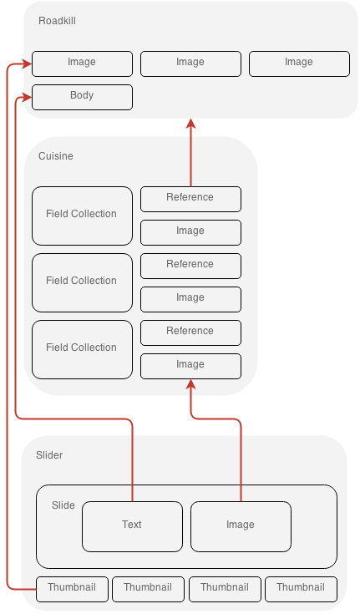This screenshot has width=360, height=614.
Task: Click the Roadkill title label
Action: point(57,21)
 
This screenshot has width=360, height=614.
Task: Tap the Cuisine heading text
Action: point(56,156)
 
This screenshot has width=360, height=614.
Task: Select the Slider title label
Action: point(49,455)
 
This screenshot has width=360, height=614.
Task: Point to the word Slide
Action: point(63,505)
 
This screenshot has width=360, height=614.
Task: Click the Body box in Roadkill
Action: point(82,98)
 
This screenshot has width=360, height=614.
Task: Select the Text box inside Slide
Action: point(133,526)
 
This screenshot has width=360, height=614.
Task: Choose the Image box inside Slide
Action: point(241,526)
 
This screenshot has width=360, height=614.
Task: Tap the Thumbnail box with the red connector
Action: point(72,589)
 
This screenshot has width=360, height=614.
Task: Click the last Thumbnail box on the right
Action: point(301,589)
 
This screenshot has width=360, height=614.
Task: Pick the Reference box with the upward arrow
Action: point(190,200)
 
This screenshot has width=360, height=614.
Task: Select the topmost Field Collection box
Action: point(82,216)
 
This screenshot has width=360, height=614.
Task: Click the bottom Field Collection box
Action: point(82,350)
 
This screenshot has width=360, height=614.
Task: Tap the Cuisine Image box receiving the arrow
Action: point(190,367)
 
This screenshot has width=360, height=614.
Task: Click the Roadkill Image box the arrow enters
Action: point(82,63)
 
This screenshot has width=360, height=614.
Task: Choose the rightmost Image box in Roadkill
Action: point(299,63)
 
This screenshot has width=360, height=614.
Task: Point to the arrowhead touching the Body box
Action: point(28,98)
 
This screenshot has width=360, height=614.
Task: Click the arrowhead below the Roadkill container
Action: point(190,124)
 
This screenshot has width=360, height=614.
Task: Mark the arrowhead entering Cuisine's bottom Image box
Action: point(190,384)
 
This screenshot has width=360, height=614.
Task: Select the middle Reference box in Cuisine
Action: point(190,266)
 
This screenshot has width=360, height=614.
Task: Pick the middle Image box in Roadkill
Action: point(190,63)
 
